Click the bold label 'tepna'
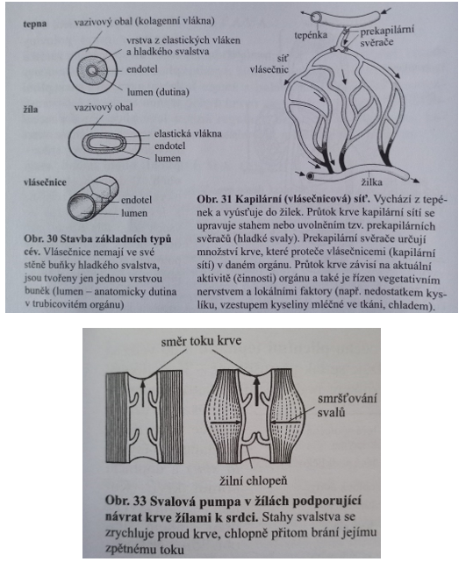click(35, 25)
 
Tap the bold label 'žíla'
click(31, 109)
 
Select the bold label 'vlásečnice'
click(45, 182)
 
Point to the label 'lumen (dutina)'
click(158, 92)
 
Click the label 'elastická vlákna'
click(188, 133)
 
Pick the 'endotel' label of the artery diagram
click(142, 69)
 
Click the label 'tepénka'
click(311, 35)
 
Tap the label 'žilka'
click(371, 181)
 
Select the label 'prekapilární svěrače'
click(387, 36)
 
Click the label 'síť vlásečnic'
click(269, 64)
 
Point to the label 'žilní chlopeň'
click(254, 480)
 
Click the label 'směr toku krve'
click(201, 341)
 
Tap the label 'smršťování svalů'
click(347, 405)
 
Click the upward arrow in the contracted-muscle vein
click(257, 391)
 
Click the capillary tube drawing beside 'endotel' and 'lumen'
click(94, 198)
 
